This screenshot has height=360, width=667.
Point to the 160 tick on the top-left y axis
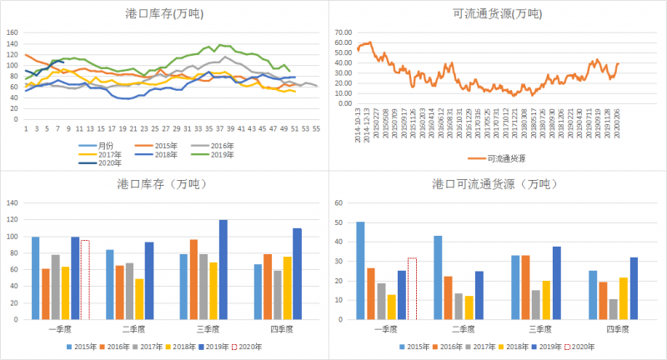13,33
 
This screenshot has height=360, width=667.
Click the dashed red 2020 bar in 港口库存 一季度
85,280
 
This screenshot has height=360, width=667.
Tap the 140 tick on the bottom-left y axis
13,202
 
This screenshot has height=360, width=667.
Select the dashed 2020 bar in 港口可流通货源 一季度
411,288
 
